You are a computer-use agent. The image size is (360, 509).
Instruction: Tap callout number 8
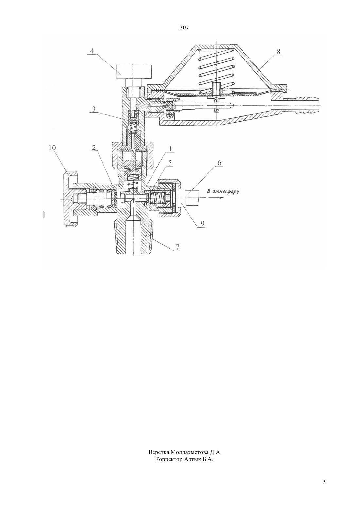click(279, 52)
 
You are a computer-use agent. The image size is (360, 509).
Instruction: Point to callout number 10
click(52, 148)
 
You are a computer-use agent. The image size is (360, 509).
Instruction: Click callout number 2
click(94, 148)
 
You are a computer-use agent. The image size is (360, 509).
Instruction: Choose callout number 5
click(170, 163)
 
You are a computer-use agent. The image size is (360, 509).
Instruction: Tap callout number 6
click(219, 163)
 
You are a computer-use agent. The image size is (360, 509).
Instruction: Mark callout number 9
click(202, 224)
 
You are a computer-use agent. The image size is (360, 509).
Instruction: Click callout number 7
click(177, 247)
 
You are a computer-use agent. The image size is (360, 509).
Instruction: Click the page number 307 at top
click(184, 28)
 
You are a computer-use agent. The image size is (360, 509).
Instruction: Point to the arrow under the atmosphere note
click(216, 198)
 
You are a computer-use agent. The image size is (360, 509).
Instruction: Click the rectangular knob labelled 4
click(134, 71)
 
